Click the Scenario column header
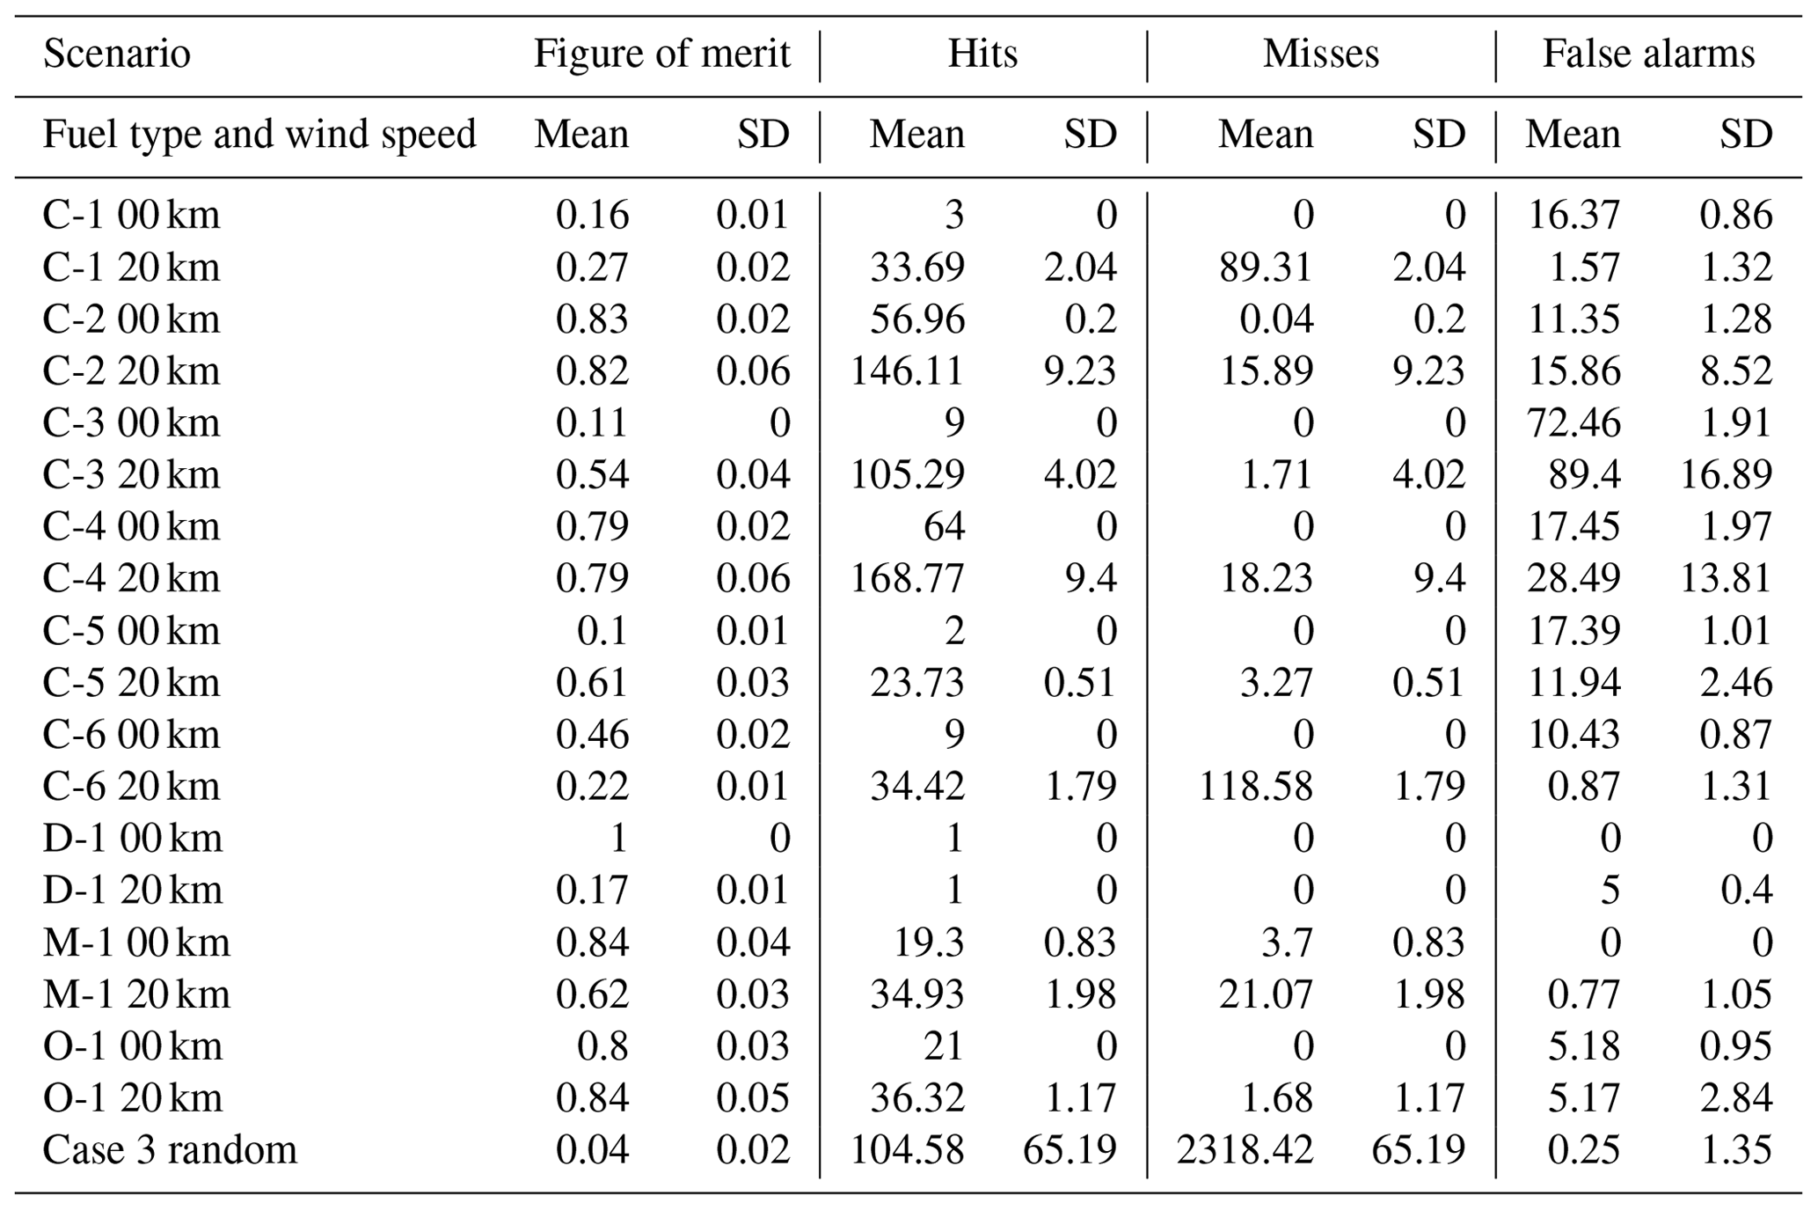(x=117, y=54)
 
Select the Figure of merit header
(x=661, y=54)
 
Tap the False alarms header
(x=1648, y=54)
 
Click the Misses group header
(x=1320, y=54)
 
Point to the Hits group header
(x=982, y=54)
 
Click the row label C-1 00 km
(x=131, y=215)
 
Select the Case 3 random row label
(x=170, y=1149)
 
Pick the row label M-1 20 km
(x=136, y=994)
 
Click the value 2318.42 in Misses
(x=1245, y=1149)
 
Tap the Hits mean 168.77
(x=907, y=578)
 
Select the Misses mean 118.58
(x=1256, y=786)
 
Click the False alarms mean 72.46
(x=1573, y=422)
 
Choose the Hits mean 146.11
(x=907, y=370)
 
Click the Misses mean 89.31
(x=1266, y=267)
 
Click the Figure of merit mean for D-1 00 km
(x=618, y=838)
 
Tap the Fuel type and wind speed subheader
(x=259, y=135)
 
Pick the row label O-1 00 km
(x=133, y=1046)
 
